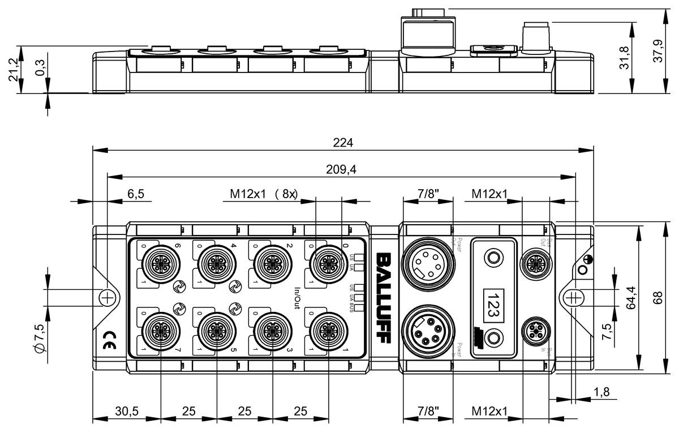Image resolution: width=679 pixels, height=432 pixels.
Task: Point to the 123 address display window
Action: [x=493, y=298]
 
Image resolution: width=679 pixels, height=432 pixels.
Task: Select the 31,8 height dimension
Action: [x=640, y=57]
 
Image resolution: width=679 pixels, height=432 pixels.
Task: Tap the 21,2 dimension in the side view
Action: [x=14, y=69]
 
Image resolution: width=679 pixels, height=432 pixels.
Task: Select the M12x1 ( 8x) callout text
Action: [x=263, y=194]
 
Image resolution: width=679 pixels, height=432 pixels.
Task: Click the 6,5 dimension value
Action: [x=136, y=194]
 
